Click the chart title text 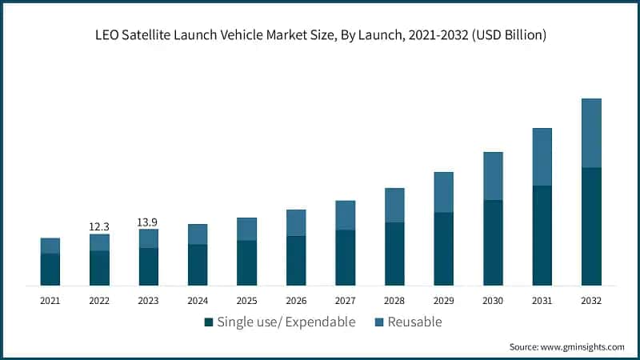(x=320, y=34)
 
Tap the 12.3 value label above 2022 (x=99, y=227)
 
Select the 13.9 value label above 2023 (x=149, y=222)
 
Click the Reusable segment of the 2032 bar (x=591, y=133)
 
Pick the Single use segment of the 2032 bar (x=591, y=226)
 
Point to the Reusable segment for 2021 (x=50, y=246)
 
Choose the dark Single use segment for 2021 (x=50, y=269)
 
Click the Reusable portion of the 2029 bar (x=444, y=192)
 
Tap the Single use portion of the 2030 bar (x=493, y=242)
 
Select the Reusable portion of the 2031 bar (x=542, y=157)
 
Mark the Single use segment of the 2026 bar (x=296, y=260)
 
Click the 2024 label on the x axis (x=198, y=301)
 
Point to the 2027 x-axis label (x=346, y=301)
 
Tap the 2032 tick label (x=591, y=301)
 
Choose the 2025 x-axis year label (x=247, y=301)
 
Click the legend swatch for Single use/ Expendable (x=209, y=322)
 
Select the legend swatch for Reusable (x=380, y=322)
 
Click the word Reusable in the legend (x=414, y=322)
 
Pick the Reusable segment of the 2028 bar (x=394, y=205)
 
